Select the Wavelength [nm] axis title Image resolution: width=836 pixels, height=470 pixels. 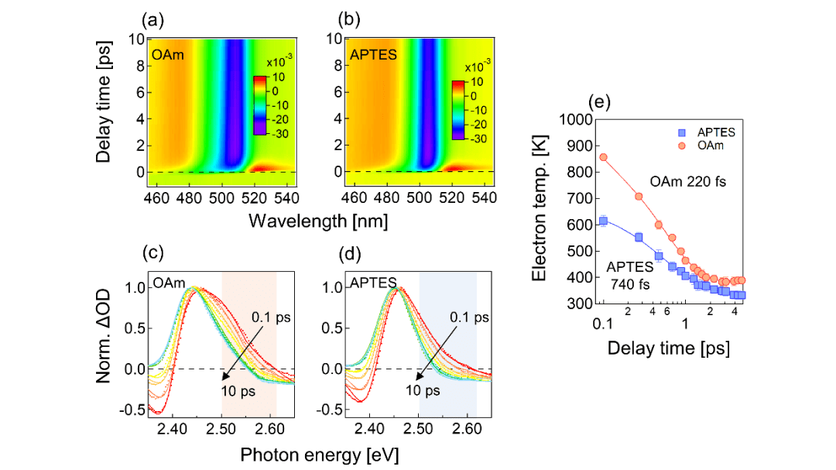(x=318, y=221)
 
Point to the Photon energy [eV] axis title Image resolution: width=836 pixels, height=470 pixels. (x=318, y=455)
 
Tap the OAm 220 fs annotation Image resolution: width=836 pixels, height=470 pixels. (x=686, y=184)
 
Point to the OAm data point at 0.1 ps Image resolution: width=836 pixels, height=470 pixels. (x=603, y=157)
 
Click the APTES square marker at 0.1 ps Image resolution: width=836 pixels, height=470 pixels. (x=603, y=221)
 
